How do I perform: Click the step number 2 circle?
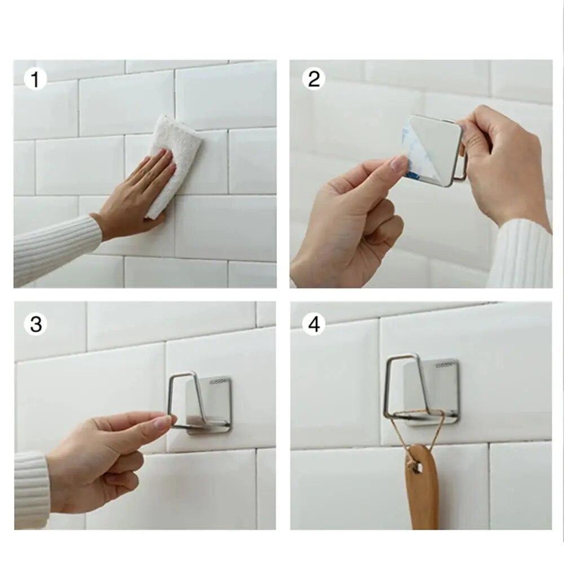(x=314, y=80)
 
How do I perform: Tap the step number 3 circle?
(x=36, y=324)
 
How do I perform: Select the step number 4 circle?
(x=314, y=324)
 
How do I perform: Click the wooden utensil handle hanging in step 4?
(x=421, y=491)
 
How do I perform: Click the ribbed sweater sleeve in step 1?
(x=54, y=248)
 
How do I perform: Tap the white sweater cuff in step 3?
(x=31, y=488)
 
